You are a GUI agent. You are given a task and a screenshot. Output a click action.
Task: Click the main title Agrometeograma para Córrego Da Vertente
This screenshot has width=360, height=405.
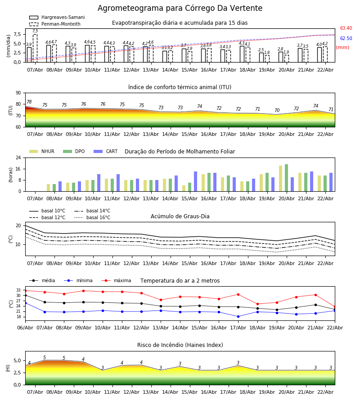(180, 8)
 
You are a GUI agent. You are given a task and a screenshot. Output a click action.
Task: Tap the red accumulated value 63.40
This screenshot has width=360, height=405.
(346, 28)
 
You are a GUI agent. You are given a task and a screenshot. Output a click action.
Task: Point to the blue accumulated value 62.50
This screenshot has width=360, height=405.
(346, 39)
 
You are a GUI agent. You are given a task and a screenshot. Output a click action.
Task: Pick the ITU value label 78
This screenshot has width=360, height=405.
(29, 102)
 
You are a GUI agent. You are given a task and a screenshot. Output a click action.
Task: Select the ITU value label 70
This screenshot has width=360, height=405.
(277, 111)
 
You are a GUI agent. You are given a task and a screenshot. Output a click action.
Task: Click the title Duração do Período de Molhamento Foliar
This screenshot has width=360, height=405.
(180, 152)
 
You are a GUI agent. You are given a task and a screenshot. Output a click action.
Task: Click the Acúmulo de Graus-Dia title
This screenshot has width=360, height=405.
(180, 216)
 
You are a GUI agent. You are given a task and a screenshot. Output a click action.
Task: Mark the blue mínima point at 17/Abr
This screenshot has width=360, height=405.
(238, 316)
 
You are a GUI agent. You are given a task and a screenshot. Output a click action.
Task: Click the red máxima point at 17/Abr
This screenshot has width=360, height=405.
(238, 294)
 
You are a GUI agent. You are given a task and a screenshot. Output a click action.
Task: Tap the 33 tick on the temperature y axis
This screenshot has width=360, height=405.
(18, 290)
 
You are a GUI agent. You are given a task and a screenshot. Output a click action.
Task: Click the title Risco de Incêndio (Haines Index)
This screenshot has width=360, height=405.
(180, 345)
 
